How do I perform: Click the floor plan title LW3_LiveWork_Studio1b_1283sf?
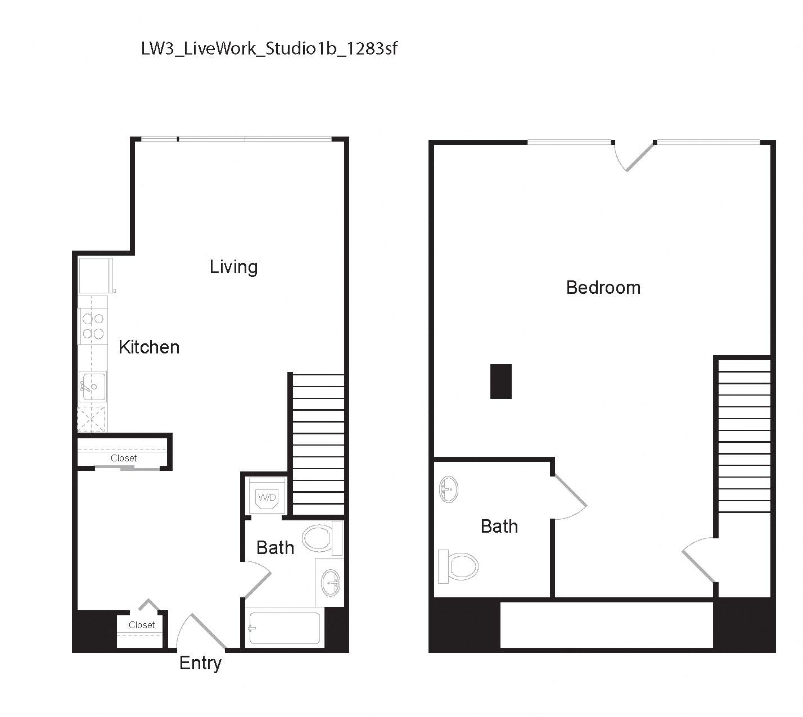click(x=269, y=49)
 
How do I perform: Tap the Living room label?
click(x=233, y=267)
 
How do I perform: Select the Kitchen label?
click(x=149, y=347)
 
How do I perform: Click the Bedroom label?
click(x=603, y=288)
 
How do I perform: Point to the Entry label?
click(x=200, y=663)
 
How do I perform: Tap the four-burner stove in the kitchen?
click(x=93, y=326)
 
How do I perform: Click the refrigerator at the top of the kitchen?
click(x=93, y=275)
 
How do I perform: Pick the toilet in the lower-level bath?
click(x=321, y=538)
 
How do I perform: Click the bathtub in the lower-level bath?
click(x=285, y=628)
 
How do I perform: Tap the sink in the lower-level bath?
click(x=331, y=583)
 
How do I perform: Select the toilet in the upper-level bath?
click(x=459, y=566)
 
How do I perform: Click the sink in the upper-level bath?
click(x=449, y=489)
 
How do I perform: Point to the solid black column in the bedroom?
click(x=500, y=382)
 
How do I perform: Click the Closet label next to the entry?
click(x=142, y=625)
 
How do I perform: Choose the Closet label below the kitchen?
click(x=124, y=459)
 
